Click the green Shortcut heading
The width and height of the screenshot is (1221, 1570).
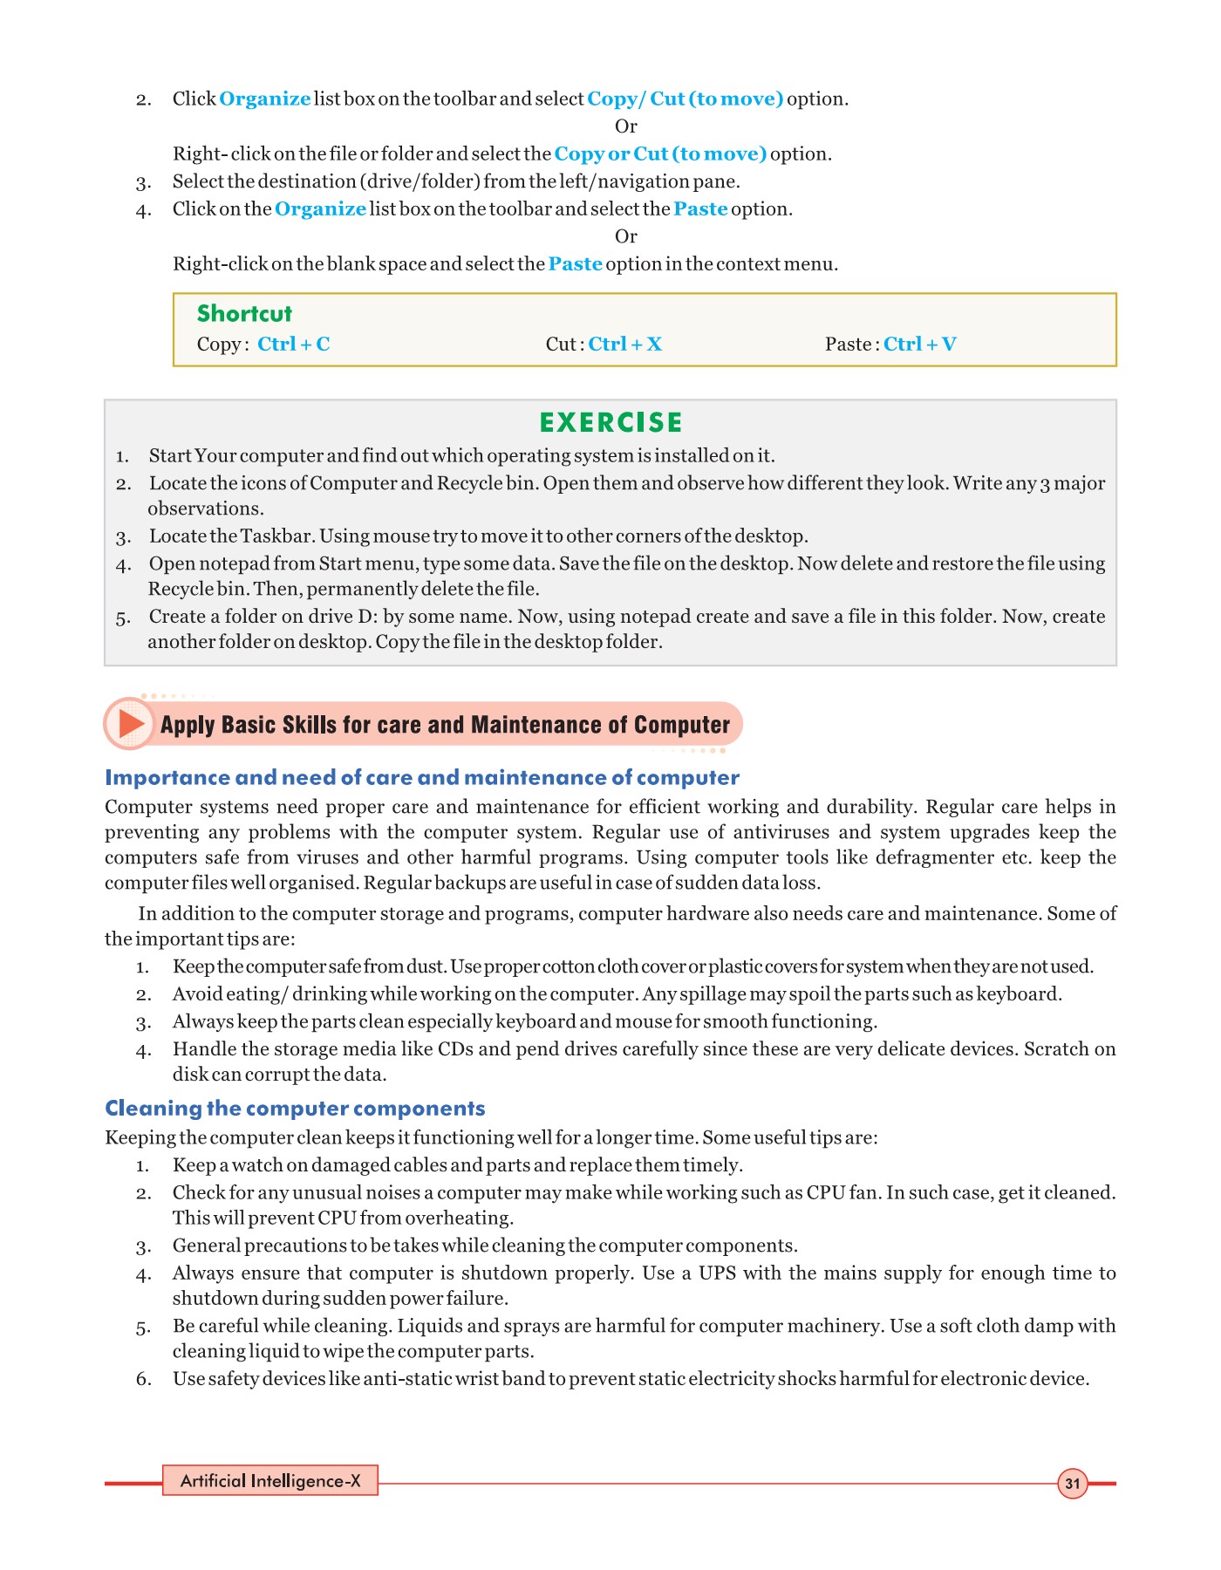(x=244, y=314)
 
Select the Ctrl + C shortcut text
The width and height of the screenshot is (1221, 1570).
(x=293, y=345)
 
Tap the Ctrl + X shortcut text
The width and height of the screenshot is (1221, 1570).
(x=624, y=345)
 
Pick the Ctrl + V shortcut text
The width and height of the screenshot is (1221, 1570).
(x=919, y=345)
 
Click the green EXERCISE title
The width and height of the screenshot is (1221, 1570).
(x=610, y=423)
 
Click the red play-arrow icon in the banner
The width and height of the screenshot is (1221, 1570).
(x=131, y=724)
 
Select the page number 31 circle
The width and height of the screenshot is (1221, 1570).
(x=1072, y=1484)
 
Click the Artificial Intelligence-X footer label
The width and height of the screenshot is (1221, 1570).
(x=270, y=1481)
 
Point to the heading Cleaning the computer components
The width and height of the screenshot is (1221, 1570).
(x=295, y=1109)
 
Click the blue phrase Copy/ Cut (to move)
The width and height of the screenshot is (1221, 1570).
(x=685, y=99)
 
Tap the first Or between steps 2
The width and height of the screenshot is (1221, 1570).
(x=625, y=126)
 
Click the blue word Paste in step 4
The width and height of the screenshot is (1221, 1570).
(x=700, y=209)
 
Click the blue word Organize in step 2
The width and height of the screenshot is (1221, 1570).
(x=264, y=99)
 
